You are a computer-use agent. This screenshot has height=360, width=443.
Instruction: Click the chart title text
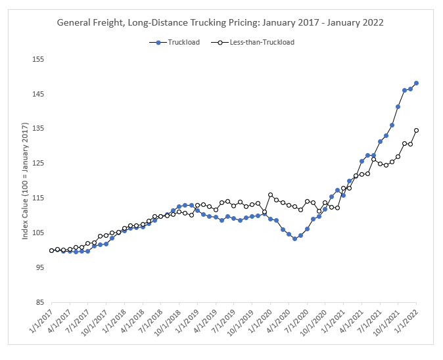coord(221,22)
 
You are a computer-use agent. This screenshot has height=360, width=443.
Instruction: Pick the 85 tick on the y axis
coord(39,303)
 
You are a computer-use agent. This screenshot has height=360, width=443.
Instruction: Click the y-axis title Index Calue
coord(25,181)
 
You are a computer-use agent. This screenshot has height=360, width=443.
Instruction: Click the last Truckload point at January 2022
coord(417,83)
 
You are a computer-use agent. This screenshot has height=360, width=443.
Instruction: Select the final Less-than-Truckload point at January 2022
coord(417,130)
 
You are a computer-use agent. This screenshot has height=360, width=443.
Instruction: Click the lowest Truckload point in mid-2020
coord(294,238)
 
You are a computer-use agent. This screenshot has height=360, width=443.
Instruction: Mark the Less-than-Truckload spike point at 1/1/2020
coord(270,194)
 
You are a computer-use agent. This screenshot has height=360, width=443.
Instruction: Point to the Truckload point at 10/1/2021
coord(398,106)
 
